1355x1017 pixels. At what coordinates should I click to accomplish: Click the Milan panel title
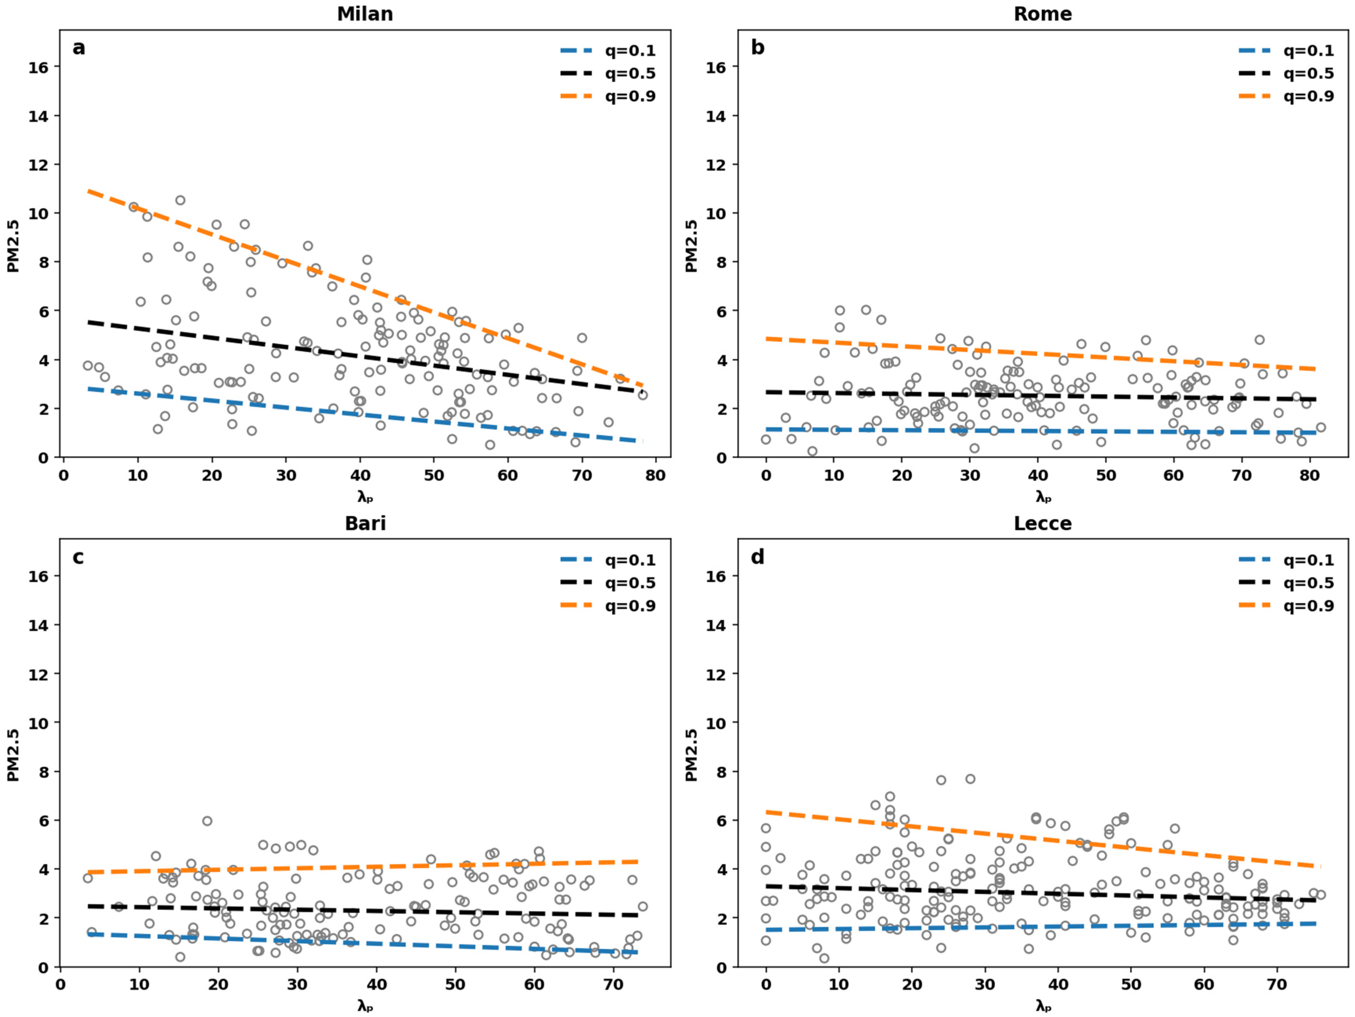click(365, 13)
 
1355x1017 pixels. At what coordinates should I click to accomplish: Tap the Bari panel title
click(365, 523)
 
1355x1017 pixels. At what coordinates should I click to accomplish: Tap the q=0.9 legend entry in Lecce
click(1286, 606)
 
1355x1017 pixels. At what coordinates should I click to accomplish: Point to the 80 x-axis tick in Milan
click(655, 475)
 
